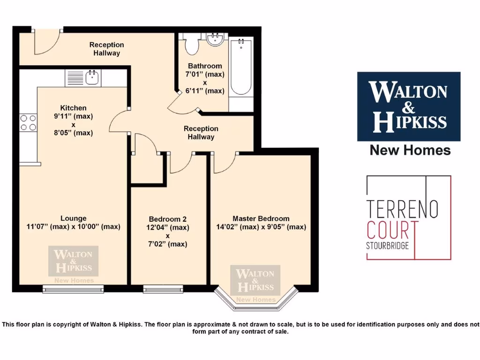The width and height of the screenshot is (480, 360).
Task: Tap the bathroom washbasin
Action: tap(216, 39)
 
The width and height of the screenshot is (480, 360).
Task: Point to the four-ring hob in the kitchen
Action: tap(28, 122)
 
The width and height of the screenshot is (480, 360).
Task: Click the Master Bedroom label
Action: tap(261, 218)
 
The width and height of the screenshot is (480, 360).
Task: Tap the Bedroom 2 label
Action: tap(168, 219)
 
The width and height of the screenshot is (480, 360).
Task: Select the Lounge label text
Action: tap(73, 218)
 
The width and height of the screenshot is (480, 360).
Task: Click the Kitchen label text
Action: tap(73, 108)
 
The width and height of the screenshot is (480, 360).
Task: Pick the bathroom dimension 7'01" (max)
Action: tap(206, 74)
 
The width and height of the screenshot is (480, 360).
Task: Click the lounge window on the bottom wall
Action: tap(73, 289)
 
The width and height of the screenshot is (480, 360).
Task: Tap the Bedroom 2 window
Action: tap(163, 289)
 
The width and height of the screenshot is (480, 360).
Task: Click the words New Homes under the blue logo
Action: tap(410, 150)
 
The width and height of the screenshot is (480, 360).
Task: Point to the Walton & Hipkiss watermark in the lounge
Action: tap(73, 262)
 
